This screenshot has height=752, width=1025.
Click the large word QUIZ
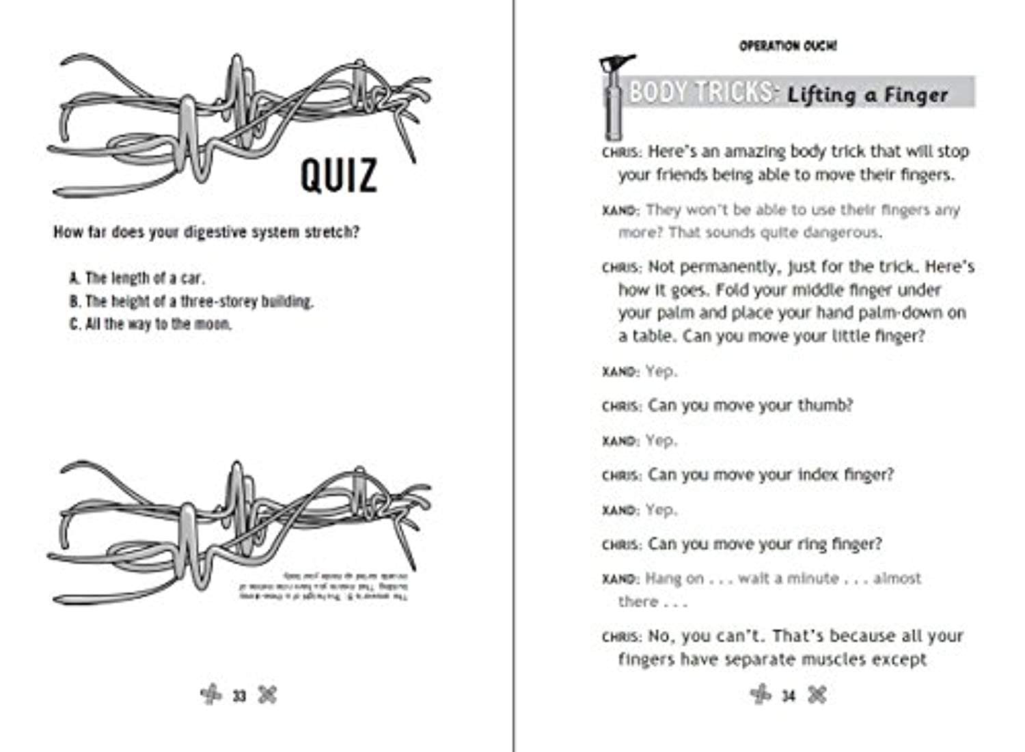click(338, 175)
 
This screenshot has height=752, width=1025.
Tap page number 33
click(238, 696)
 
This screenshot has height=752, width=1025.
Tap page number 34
click(789, 696)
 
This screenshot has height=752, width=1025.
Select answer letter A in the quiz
click(74, 278)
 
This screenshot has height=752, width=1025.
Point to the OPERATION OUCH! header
click(788, 46)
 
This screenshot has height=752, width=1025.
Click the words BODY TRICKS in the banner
click(701, 92)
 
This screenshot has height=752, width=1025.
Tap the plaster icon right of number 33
click(268, 695)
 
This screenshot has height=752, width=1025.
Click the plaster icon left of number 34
click(761, 695)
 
